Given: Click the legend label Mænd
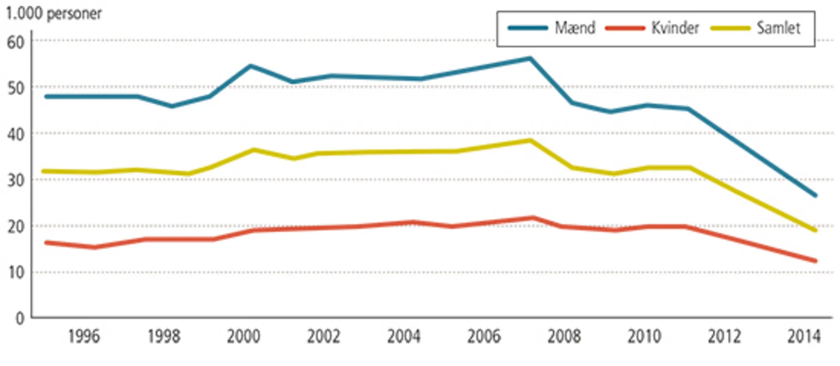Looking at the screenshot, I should tap(575, 28).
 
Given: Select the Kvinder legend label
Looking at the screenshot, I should tap(675, 28).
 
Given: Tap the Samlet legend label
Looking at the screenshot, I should tap(778, 28).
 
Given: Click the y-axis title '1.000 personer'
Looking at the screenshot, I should tap(53, 14).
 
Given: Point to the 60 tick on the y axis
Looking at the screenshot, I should tap(16, 42).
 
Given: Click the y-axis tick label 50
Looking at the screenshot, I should tap(16, 88).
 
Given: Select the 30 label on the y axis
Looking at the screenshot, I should tap(16, 180).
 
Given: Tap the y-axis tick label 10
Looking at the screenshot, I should tap(16, 273).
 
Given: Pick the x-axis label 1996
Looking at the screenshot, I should tap(84, 337).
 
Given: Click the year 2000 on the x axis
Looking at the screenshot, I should tap(244, 337).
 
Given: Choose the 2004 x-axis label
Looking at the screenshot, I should tap(404, 337).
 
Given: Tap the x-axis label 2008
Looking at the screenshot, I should tap(564, 337).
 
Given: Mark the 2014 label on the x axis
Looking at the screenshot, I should tap(803, 337).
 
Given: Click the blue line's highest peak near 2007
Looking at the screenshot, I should tap(530, 58).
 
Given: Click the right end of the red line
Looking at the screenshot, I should tap(815, 261).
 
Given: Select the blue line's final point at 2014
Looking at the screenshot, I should tap(815, 195).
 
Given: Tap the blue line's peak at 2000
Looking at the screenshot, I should tap(250, 66).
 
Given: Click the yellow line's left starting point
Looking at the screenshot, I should tap(44, 171).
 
